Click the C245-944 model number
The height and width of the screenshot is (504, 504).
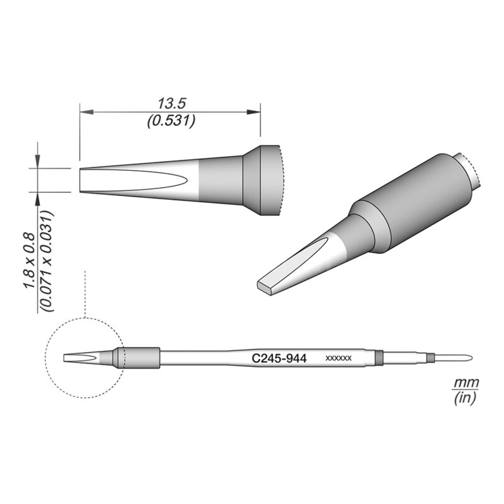pyautogui.click(x=279, y=358)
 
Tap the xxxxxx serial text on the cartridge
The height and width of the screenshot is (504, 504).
pyautogui.click(x=338, y=358)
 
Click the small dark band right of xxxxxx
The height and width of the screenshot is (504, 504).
pyautogui.click(x=379, y=357)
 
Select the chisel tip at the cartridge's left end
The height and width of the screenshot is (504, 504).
pyautogui.click(x=79, y=358)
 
